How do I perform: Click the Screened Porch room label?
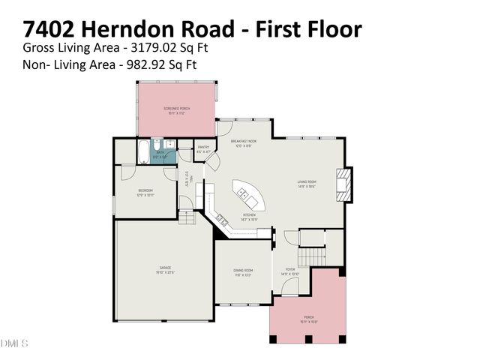pyautogui.click(x=177, y=109)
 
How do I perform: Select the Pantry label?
pyautogui.click(x=203, y=148)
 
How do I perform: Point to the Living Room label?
pyautogui.click(x=307, y=183)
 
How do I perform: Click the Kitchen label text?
pyautogui.click(x=249, y=215)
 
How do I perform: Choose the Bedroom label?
pyautogui.click(x=145, y=192)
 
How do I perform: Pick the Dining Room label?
pyautogui.click(x=242, y=271)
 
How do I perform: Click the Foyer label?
pyautogui.click(x=290, y=271)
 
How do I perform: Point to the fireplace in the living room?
pyautogui.click(x=343, y=184)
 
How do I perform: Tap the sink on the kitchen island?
pyautogui.click(x=243, y=193)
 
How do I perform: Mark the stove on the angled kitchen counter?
pyautogui.click(x=222, y=219)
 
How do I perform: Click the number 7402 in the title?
pyautogui.click(x=50, y=29)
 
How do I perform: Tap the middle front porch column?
pyautogui.click(x=308, y=339)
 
